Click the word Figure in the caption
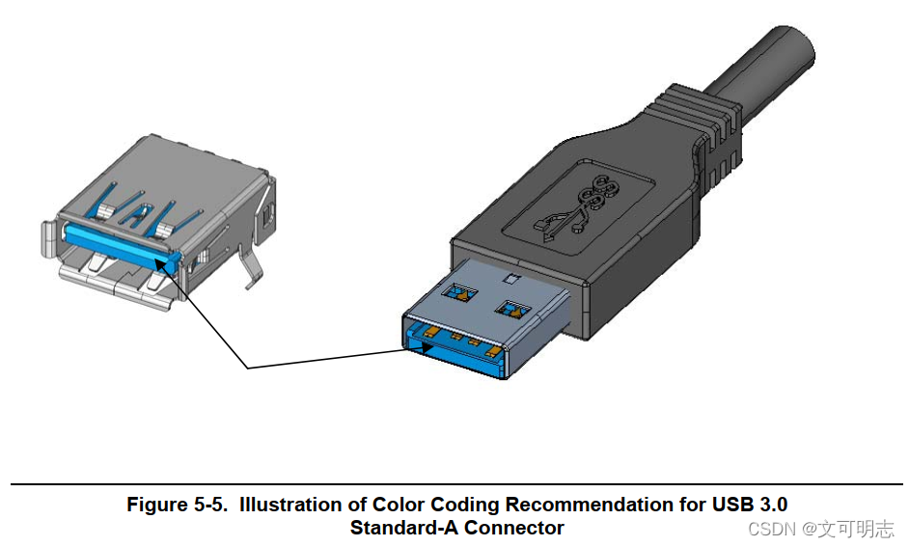click(154, 505)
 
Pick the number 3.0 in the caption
click(773, 505)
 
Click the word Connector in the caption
click(513, 528)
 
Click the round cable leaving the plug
click(772, 58)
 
